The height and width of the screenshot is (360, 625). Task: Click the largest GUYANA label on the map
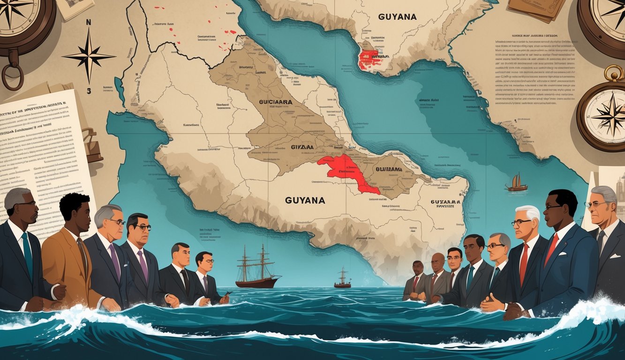pyautogui.click(x=305, y=200)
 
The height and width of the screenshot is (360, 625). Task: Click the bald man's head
pyautogui.click(x=438, y=261)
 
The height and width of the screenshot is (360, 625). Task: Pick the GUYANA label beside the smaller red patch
pyautogui.click(x=397, y=17)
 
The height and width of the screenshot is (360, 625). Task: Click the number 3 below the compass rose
pyautogui.click(x=89, y=91)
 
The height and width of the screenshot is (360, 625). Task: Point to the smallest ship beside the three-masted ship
pyautogui.click(x=342, y=279)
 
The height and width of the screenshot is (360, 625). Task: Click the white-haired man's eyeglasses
pyautogui.click(x=521, y=222)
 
